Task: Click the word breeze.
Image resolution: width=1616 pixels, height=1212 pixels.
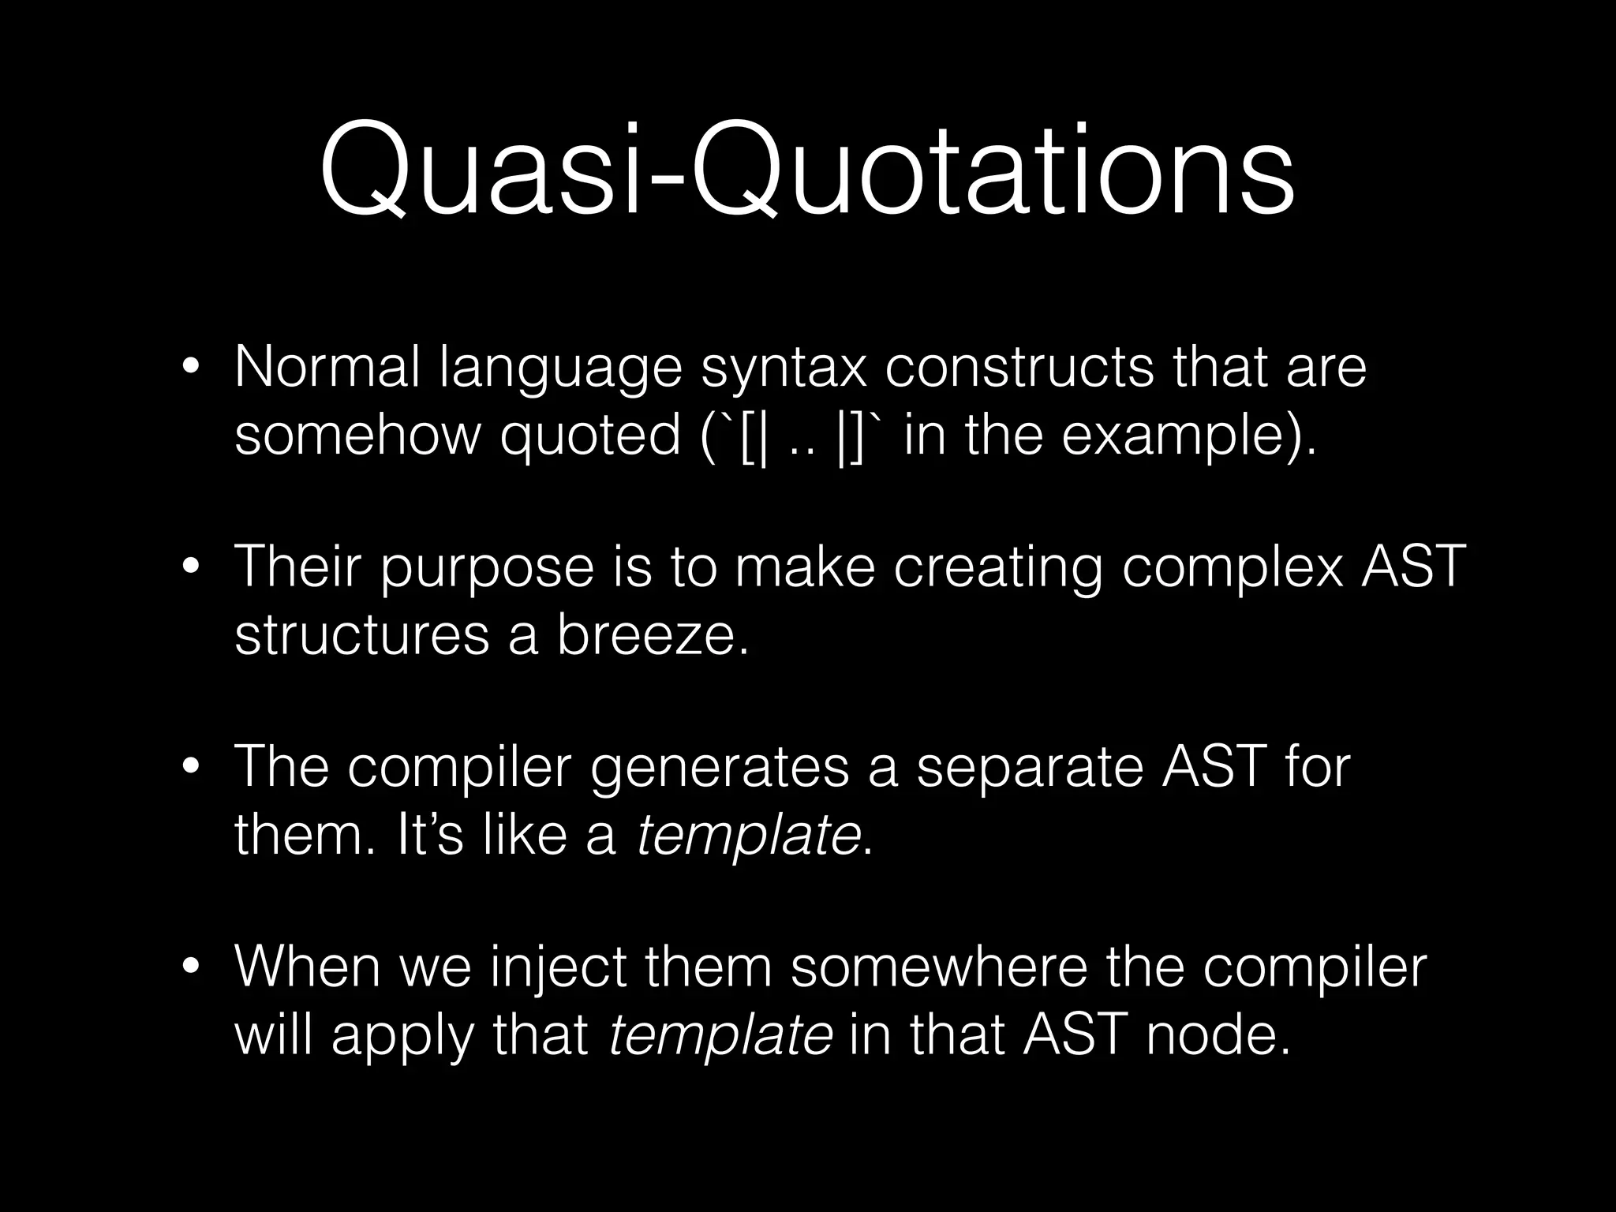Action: (x=653, y=635)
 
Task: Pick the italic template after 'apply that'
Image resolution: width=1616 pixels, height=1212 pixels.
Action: (x=720, y=1035)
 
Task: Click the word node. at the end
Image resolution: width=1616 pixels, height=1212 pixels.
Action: (x=1218, y=1035)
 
